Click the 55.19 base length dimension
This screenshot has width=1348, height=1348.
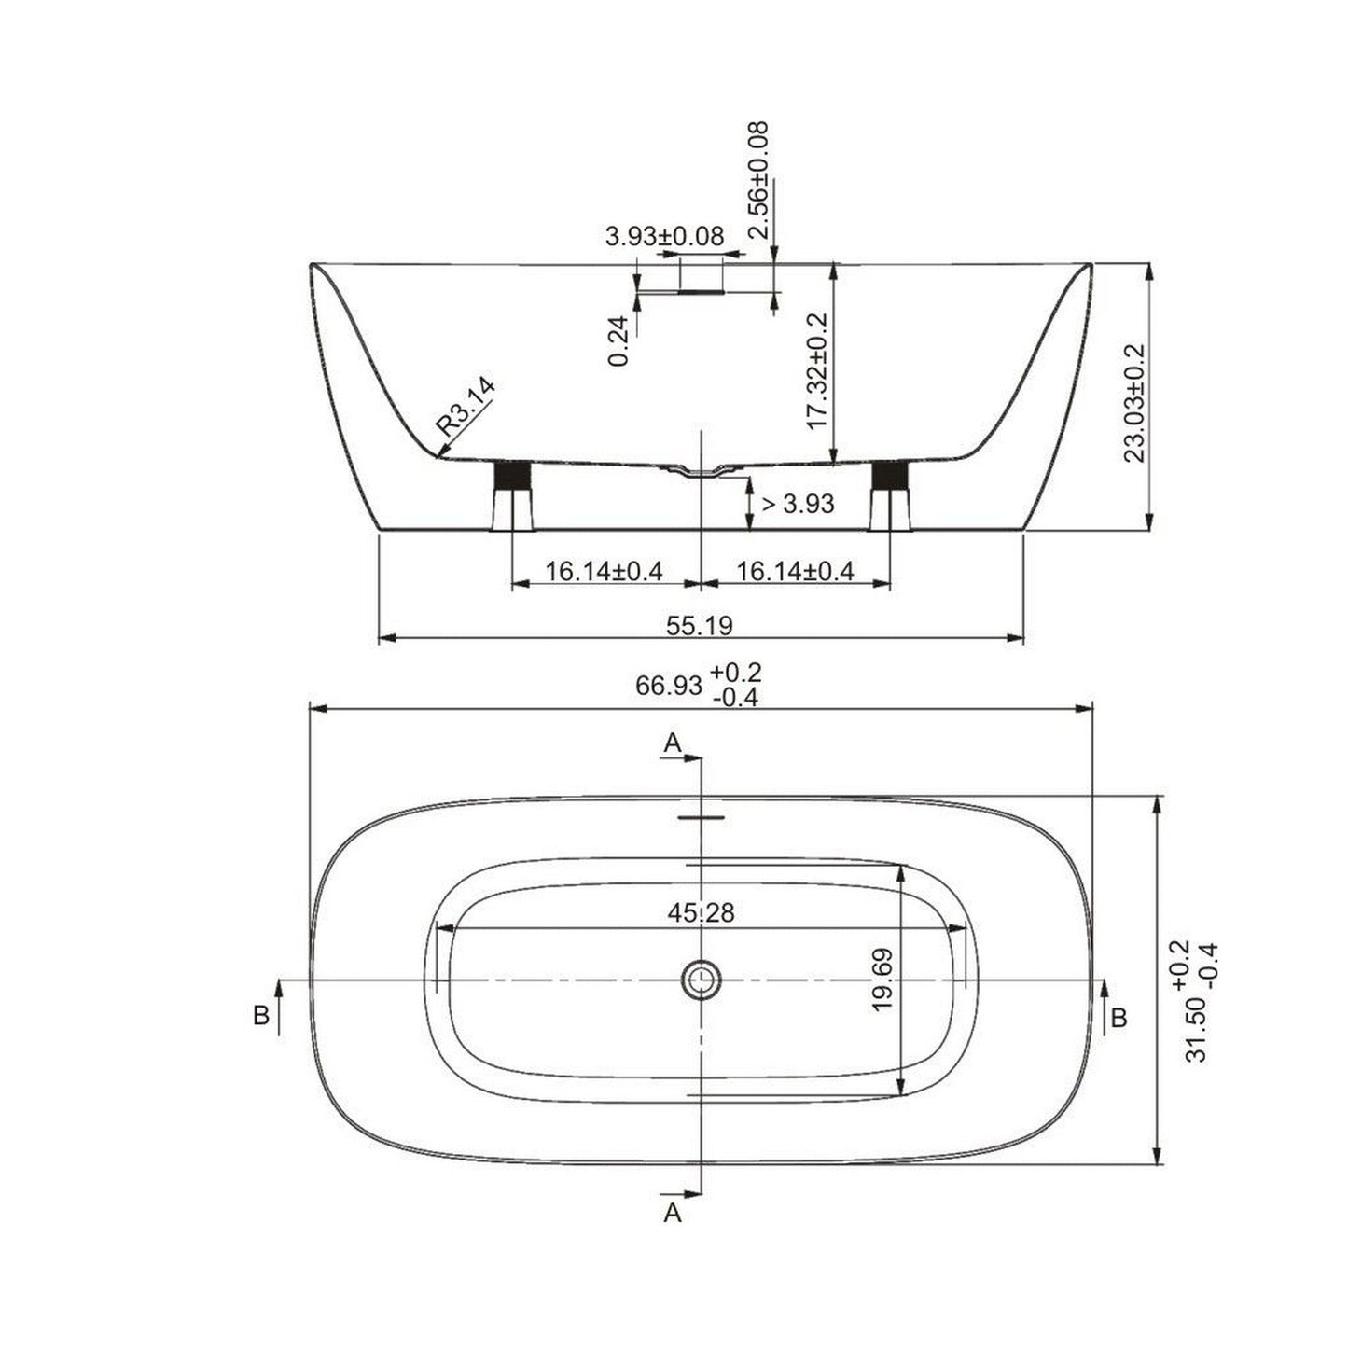(x=699, y=624)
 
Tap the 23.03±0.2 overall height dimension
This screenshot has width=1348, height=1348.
(x=1133, y=402)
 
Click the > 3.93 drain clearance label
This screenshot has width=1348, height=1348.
(x=798, y=505)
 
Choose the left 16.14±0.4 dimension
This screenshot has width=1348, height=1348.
(x=604, y=571)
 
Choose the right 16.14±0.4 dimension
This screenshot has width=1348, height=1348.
(x=795, y=571)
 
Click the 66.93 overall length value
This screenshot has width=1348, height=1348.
(x=668, y=686)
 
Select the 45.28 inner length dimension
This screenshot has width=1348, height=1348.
(x=701, y=912)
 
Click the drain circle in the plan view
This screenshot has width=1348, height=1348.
(x=700, y=980)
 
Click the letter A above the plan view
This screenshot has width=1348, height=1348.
(x=673, y=743)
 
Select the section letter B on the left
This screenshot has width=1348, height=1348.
(x=261, y=1016)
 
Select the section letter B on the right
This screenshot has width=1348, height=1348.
(x=1119, y=1016)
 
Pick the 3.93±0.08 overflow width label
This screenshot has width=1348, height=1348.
(x=664, y=236)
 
